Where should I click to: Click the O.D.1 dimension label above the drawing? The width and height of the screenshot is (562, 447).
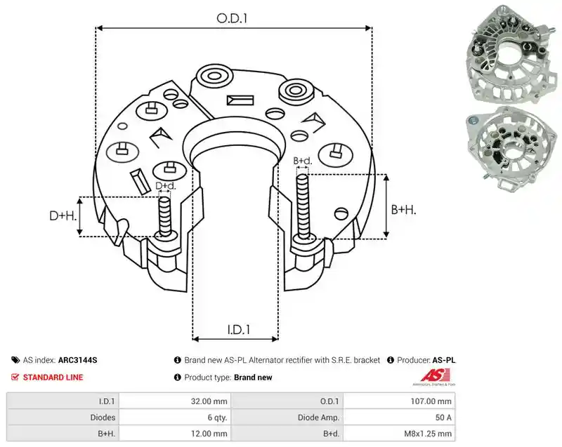(x=232, y=18)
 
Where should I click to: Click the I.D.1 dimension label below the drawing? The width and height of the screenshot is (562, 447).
(x=239, y=329)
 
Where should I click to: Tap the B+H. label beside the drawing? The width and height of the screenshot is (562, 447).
(x=403, y=209)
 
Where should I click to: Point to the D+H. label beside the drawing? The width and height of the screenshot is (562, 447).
(x=63, y=215)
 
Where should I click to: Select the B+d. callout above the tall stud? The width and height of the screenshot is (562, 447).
(x=303, y=161)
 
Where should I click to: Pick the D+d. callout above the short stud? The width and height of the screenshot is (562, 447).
(x=166, y=186)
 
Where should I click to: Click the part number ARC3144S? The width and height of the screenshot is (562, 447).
(x=77, y=360)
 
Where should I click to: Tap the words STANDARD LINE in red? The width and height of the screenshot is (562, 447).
(x=53, y=378)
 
